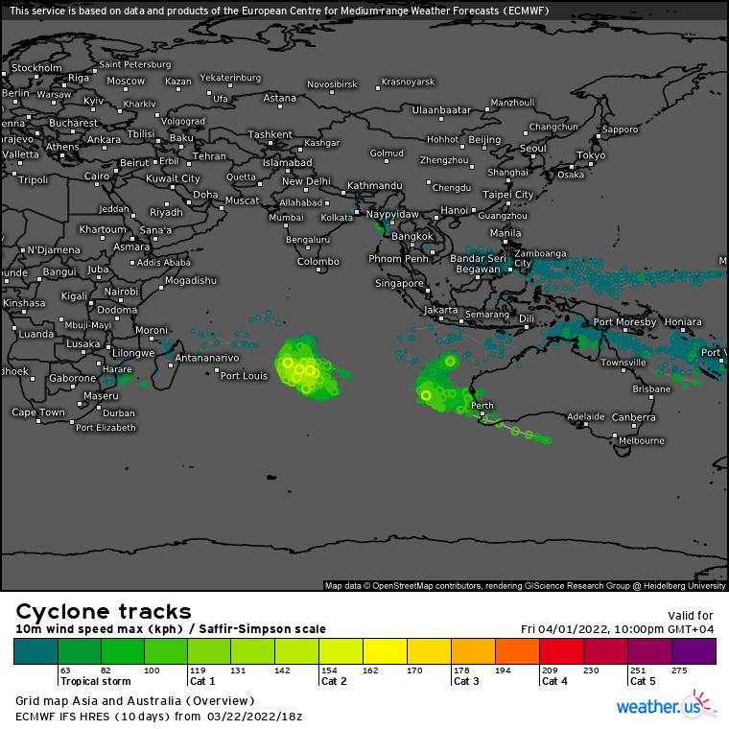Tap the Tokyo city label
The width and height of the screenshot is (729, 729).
tap(591, 155)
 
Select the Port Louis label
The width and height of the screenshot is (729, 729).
tap(244, 375)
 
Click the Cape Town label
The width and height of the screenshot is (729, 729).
tap(38, 412)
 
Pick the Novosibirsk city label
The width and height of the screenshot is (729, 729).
tap(332, 84)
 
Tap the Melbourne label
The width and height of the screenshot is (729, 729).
tap(642, 440)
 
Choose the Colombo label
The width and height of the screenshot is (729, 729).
tap(318, 261)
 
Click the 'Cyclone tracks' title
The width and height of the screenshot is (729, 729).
tap(104, 612)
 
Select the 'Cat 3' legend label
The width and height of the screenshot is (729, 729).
tap(466, 681)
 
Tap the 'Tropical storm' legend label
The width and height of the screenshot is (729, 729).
tap(95, 681)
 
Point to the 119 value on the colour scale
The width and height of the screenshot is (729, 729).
tap(198, 670)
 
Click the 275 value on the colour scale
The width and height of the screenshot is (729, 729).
tap(680, 670)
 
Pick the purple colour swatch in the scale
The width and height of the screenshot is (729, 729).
tap(694, 651)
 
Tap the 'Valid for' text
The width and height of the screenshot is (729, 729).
tap(691, 616)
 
